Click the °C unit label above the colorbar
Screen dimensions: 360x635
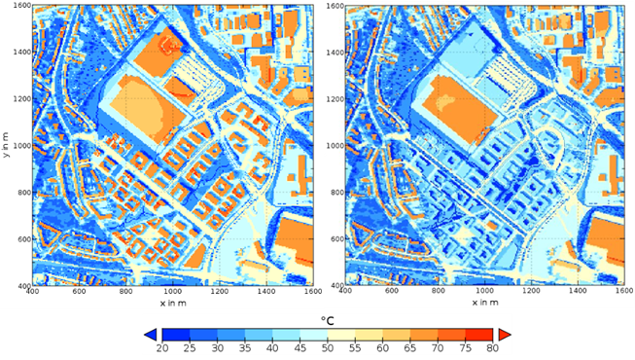tap(327, 318)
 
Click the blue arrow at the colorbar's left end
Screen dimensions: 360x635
tap(149, 334)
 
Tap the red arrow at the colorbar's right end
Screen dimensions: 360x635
tap(506, 334)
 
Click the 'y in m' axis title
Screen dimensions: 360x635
tap(6, 146)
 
